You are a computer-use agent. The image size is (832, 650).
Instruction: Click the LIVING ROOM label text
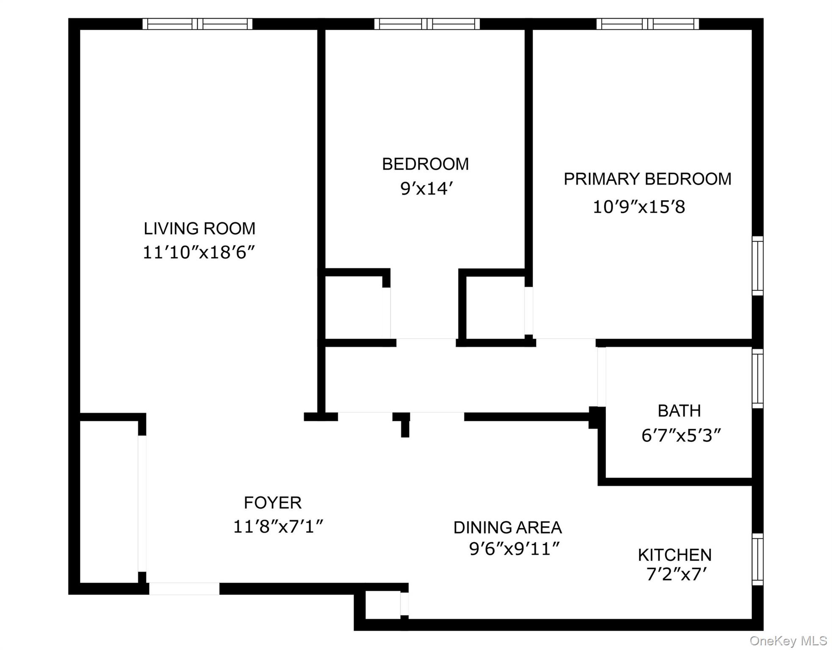(x=199, y=229)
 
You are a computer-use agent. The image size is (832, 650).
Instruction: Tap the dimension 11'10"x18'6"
(x=199, y=253)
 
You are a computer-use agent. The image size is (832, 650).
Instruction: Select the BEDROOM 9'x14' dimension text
(x=426, y=189)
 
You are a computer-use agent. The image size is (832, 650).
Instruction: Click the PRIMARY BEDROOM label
(x=647, y=179)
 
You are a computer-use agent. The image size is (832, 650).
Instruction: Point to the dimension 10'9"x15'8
(x=639, y=207)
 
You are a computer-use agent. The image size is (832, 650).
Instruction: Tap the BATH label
(x=679, y=411)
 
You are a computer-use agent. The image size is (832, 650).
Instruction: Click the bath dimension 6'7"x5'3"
(x=681, y=435)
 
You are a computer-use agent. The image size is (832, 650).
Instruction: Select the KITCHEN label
(x=674, y=555)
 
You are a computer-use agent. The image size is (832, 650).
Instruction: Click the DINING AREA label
(x=507, y=528)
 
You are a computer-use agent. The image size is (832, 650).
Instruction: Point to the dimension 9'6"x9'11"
(x=514, y=549)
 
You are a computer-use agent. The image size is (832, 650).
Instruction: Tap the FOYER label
(x=273, y=503)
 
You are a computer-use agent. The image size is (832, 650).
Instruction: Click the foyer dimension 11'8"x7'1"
(x=278, y=527)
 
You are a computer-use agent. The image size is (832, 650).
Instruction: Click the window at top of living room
(x=197, y=24)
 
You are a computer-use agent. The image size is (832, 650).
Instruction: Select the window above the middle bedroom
(x=427, y=24)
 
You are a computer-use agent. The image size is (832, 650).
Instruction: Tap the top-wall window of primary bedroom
(x=647, y=24)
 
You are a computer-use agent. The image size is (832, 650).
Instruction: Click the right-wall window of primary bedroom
(x=757, y=266)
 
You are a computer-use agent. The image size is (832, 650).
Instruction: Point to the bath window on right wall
(x=757, y=379)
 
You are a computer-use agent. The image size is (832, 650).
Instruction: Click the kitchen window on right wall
(x=757, y=559)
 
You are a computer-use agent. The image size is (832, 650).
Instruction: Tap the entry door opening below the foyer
(x=184, y=588)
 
